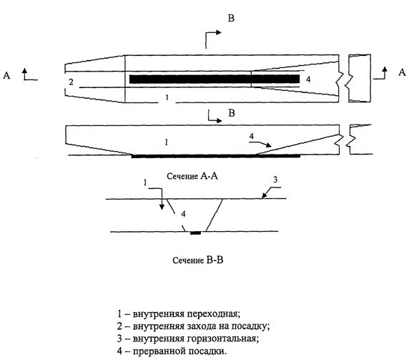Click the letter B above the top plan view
coord(231,19)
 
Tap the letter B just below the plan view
coord(232,113)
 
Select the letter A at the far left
coord(6,76)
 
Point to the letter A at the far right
coord(402,72)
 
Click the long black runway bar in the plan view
coord(215,79)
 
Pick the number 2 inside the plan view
coord(71,82)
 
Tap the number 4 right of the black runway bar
coord(308,79)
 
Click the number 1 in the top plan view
coord(167,97)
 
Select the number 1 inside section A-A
coord(166,142)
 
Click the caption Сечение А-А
coord(192,176)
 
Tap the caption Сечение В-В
coord(198,261)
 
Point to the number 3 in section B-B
coord(275,180)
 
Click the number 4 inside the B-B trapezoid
coord(183,214)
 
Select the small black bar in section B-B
coord(196,233)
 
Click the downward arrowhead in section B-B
coord(162,207)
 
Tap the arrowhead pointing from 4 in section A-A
coord(269,145)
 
